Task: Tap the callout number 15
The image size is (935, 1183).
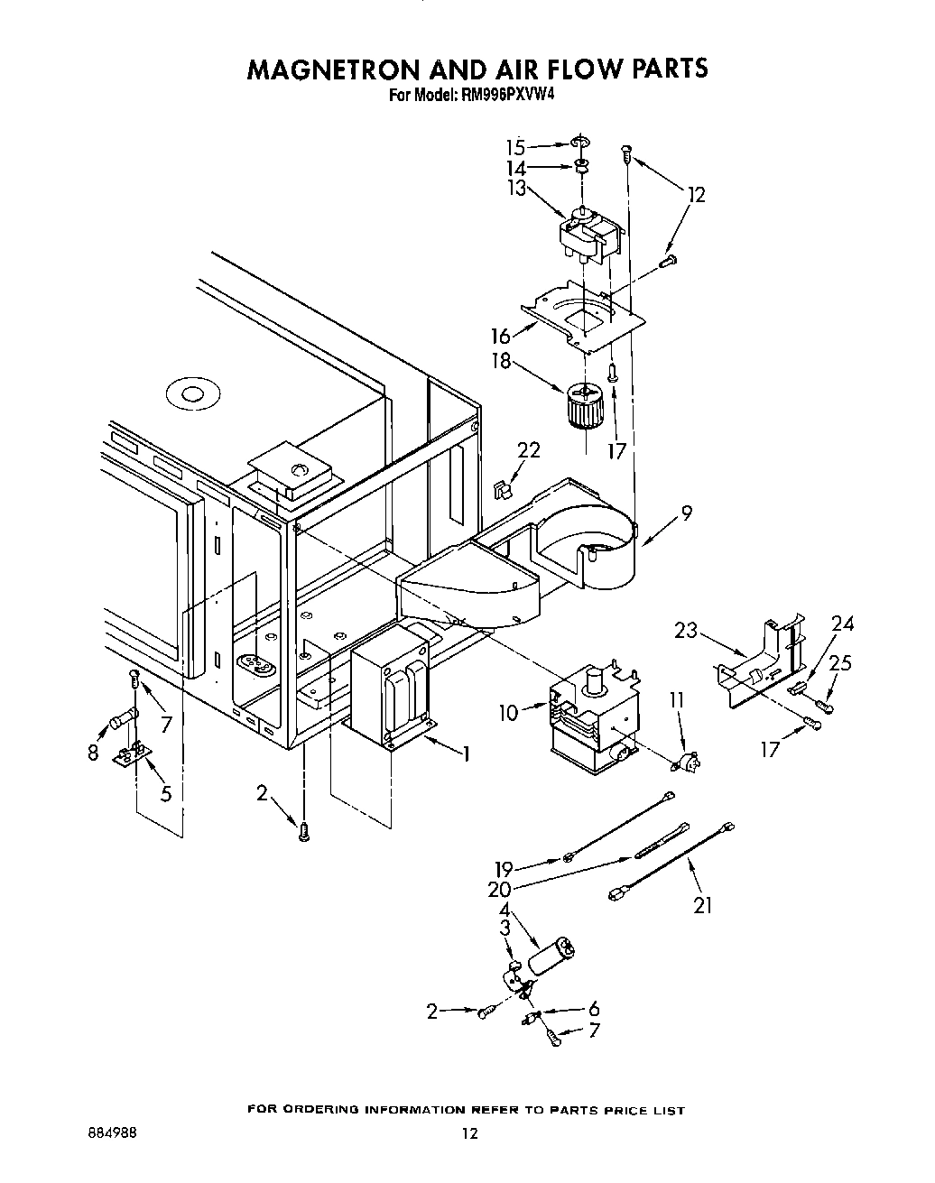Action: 515,147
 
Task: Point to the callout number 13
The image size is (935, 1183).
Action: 515,189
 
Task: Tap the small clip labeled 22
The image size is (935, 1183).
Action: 503,490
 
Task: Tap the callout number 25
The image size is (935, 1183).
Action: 840,663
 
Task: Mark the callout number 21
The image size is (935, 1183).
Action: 702,906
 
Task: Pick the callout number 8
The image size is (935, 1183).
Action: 94,753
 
